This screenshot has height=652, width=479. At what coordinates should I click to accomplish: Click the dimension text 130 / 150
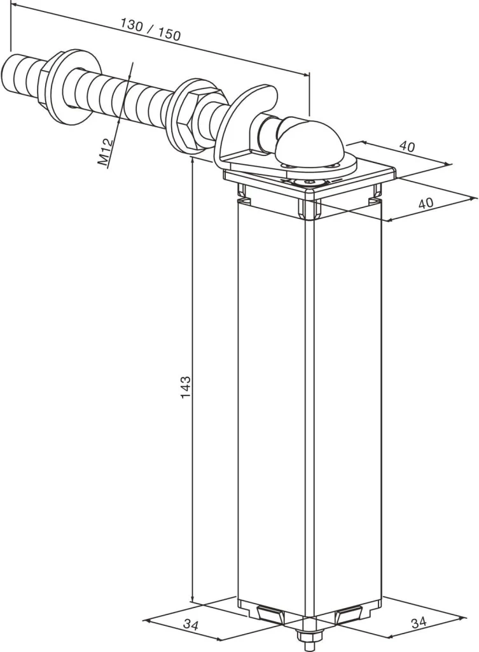point(150,29)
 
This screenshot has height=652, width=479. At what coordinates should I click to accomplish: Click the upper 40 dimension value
point(406,146)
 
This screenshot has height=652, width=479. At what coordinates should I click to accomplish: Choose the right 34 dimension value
point(419,623)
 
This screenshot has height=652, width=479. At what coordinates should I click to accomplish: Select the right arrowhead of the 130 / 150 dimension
point(305,74)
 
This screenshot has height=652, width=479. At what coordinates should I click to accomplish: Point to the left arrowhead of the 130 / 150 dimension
point(14,6)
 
